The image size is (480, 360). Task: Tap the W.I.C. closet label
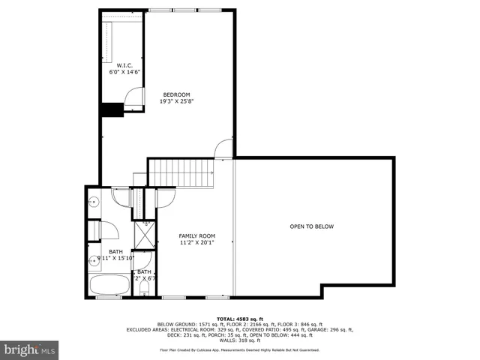click(x=124, y=65)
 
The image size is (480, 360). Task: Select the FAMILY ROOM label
click(x=196, y=235)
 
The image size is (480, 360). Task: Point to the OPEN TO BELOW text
click(x=312, y=226)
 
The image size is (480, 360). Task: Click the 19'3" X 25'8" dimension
click(x=176, y=101)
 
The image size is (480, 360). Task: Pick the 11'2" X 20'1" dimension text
click(x=196, y=242)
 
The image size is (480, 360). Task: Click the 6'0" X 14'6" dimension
click(x=124, y=72)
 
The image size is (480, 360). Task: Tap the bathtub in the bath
click(x=109, y=285)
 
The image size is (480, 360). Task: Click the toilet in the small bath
click(x=143, y=288)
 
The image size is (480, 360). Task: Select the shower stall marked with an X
click(x=145, y=235)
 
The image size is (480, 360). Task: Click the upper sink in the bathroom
click(x=94, y=202)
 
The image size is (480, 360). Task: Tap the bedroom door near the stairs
click(x=223, y=149)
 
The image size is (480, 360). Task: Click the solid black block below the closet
click(x=112, y=109)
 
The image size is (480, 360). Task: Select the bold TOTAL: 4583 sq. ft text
click(x=239, y=319)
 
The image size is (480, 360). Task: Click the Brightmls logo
click(x=30, y=349)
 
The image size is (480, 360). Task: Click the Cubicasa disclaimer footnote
click(x=239, y=349)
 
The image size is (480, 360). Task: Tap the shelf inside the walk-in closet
click(x=106, y=41)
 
